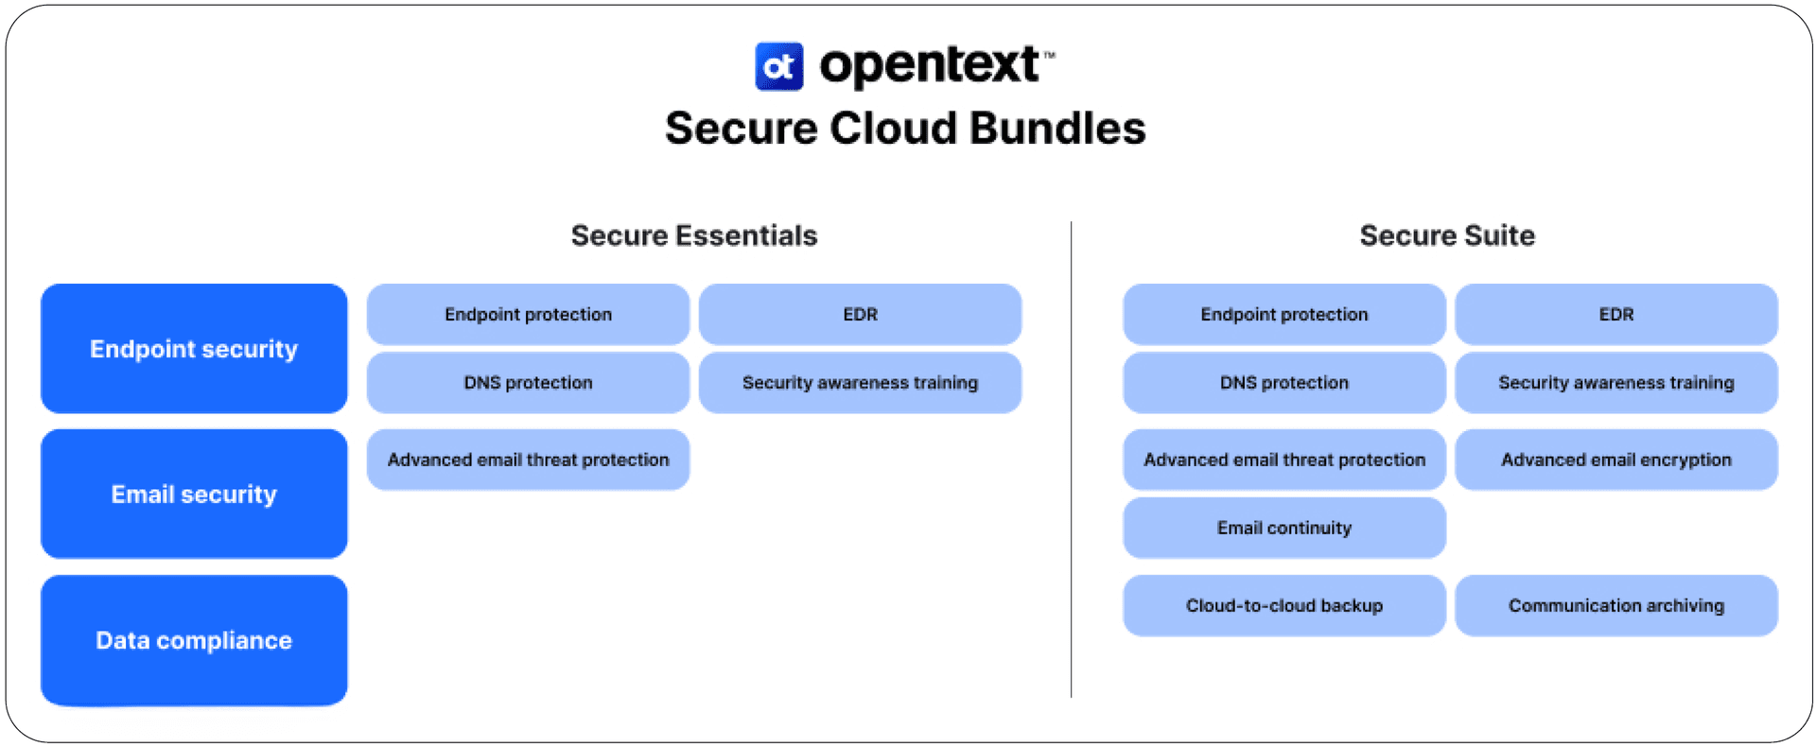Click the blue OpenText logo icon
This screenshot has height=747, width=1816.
coord(778,66)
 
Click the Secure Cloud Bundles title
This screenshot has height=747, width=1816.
coord(905,129)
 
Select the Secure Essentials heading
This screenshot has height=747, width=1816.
coord(693,235)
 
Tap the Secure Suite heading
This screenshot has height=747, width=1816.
coord(1446,235)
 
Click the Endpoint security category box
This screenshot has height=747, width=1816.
coord(194,349)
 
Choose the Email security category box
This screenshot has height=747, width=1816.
coord(194,494)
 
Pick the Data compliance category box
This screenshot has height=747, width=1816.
coord(194,640)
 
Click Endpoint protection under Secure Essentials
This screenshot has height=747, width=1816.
coord(528,314)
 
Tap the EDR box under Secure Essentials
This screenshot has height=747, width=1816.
coord(860,314)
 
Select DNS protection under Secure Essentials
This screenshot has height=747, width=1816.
coord(528,383)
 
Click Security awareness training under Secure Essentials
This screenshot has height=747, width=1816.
coord(860,383)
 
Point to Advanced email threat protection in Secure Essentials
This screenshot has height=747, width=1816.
coord(528,460)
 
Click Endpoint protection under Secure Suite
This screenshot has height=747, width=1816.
coord(1283,314)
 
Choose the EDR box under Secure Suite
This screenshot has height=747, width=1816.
coord(1615,314)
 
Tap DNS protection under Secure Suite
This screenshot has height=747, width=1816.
coord(1283,383)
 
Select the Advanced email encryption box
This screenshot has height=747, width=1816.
coord(1615,460)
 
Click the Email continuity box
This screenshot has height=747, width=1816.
coord(1283,528)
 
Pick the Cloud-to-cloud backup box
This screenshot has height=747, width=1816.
coord(1283,605)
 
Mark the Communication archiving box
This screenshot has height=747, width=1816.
coord(1615,605)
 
